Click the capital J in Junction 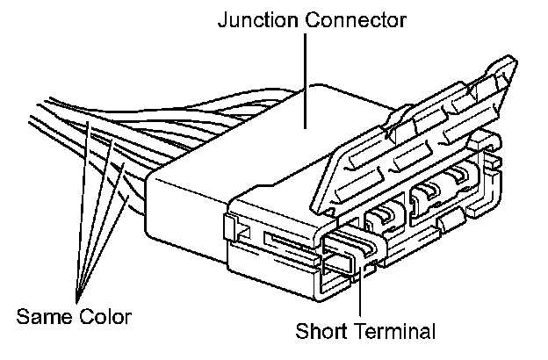click(x=221, y=18)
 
